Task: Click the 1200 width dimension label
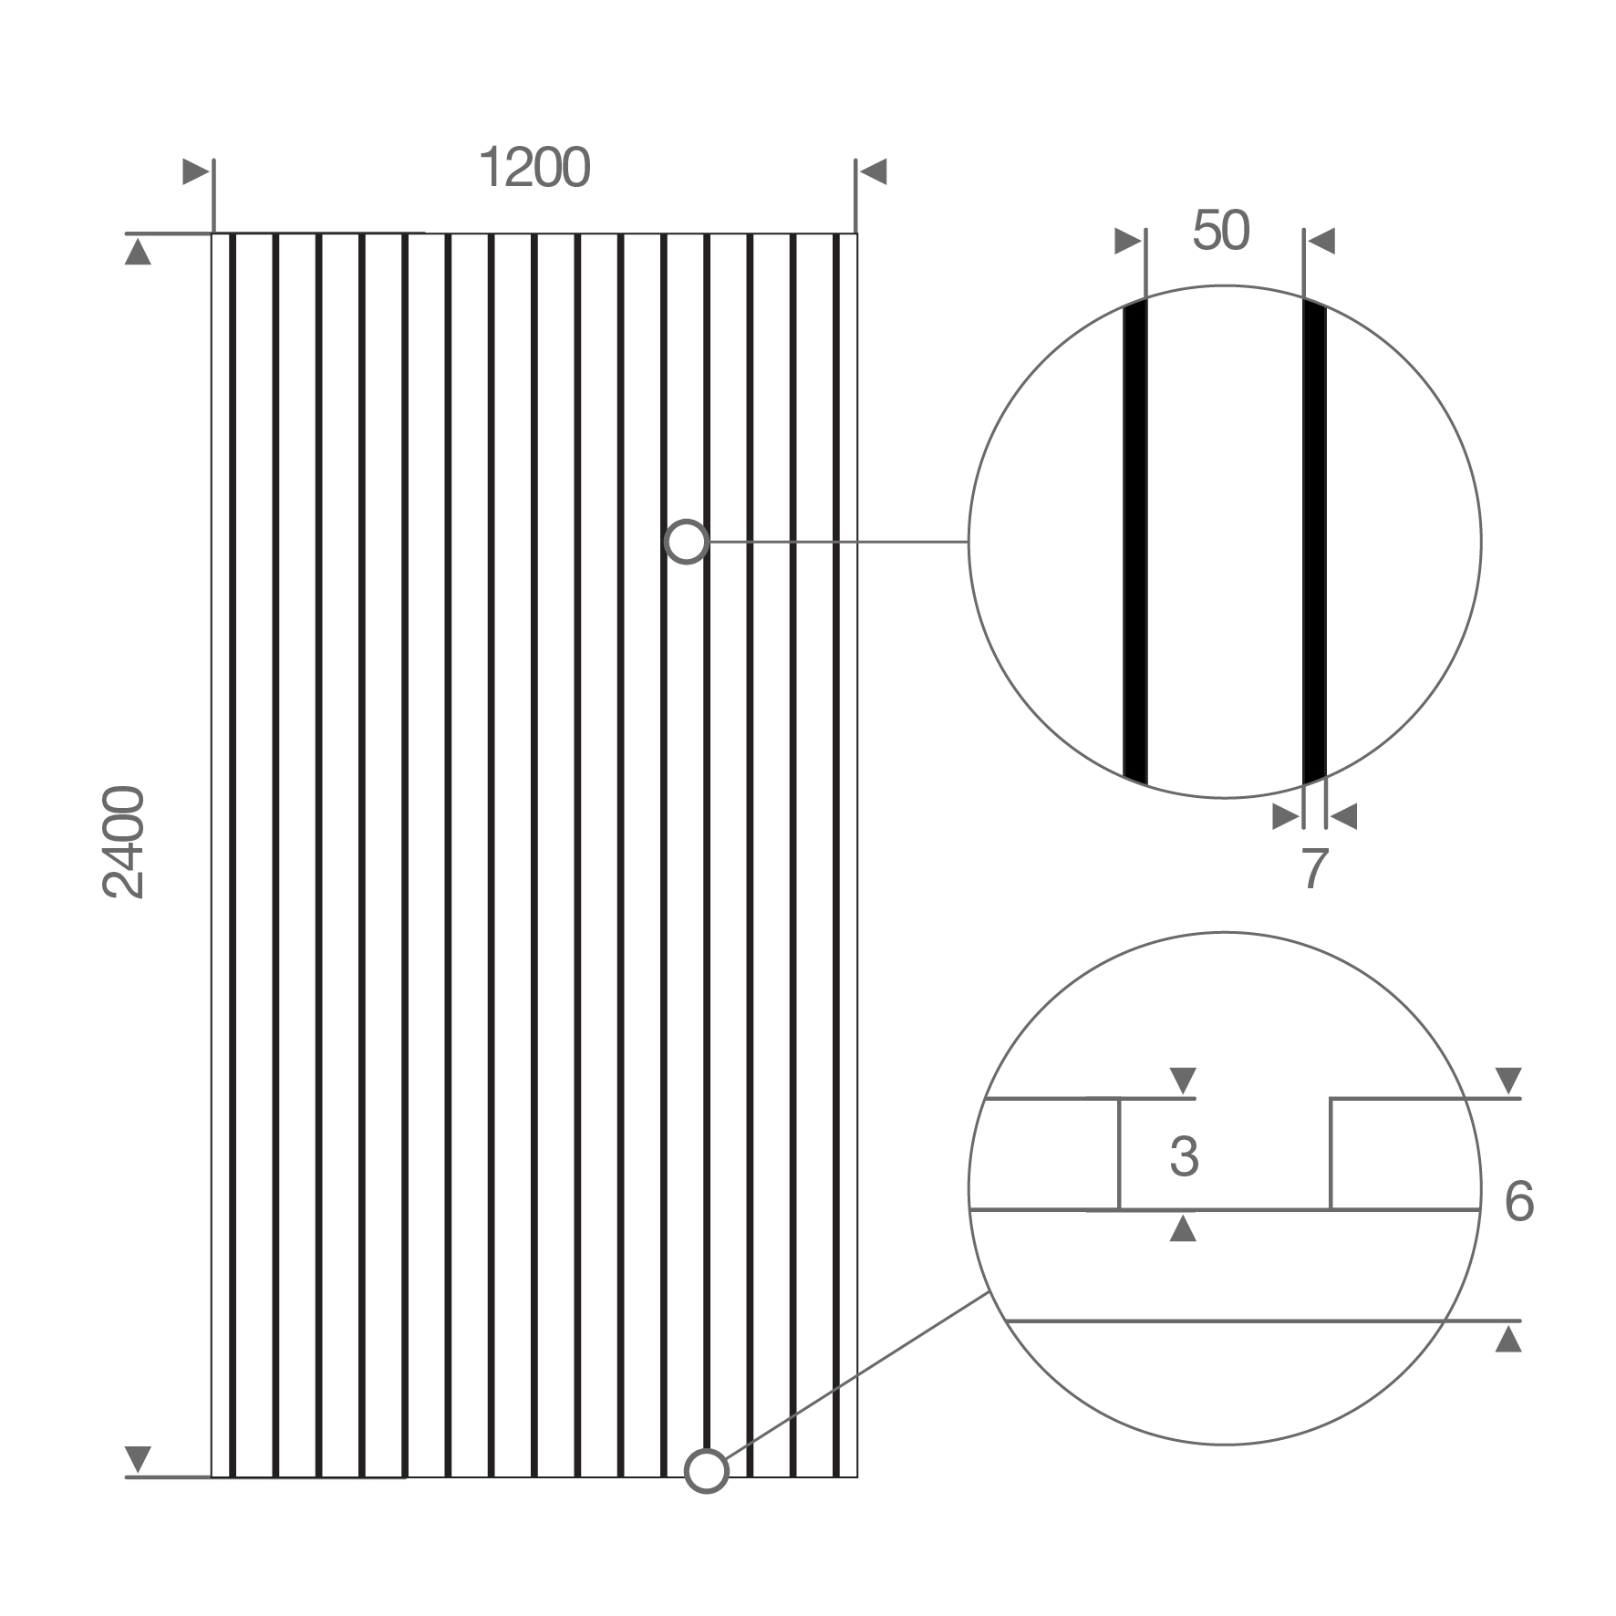click(534, 169)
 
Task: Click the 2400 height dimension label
click(124, 843)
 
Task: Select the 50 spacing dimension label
click(1221, 231)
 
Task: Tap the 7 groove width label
click(1313, 869)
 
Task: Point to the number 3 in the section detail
click(1184, 1156)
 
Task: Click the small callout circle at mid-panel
click(687, 543)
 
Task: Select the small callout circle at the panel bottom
click(706, 1497)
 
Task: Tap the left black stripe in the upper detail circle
click(1134, 542)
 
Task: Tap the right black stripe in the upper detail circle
click(1314, 542)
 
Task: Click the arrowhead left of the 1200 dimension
click(196, 171)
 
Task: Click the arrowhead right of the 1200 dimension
click(873, 171)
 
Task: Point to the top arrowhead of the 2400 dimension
click(138, 252)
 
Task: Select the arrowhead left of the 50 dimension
click(1129, 242)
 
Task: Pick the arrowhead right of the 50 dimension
click(1321, 242)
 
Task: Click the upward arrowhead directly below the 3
click(1183, 1228)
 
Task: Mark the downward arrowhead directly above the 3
click(1183, 1082)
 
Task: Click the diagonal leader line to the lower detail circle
click(857, 1388)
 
